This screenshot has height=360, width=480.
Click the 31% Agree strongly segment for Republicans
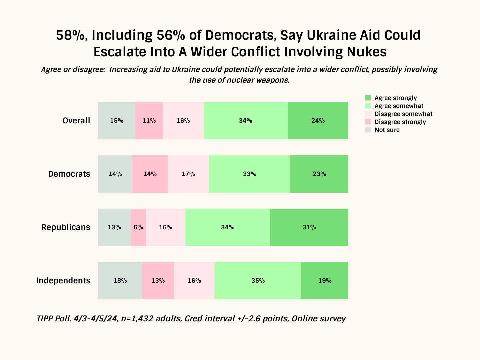point(309,227)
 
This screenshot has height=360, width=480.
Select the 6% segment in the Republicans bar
point(138,227)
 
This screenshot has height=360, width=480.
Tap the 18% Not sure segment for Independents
point(120,281)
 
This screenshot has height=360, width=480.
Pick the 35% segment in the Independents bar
point(258,281)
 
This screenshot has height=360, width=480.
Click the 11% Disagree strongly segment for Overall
point(149,121)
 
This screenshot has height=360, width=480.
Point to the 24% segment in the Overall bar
point(318,121)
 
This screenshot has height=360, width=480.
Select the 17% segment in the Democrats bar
point(188,174)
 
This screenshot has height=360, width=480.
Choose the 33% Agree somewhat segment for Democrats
point(250,174)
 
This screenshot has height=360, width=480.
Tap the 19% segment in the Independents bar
point(325,281)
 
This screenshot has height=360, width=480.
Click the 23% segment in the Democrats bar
point(319,174)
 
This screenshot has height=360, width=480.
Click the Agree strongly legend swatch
point(368,98)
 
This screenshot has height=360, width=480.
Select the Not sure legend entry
point(387,130)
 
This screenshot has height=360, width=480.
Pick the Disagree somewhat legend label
point(403,114)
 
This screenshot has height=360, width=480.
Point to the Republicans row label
point(66,227)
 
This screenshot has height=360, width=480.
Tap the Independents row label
point(63,281)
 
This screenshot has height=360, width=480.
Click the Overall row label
point(76,121)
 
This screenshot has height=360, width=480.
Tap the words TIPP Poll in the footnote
point(53,319)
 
